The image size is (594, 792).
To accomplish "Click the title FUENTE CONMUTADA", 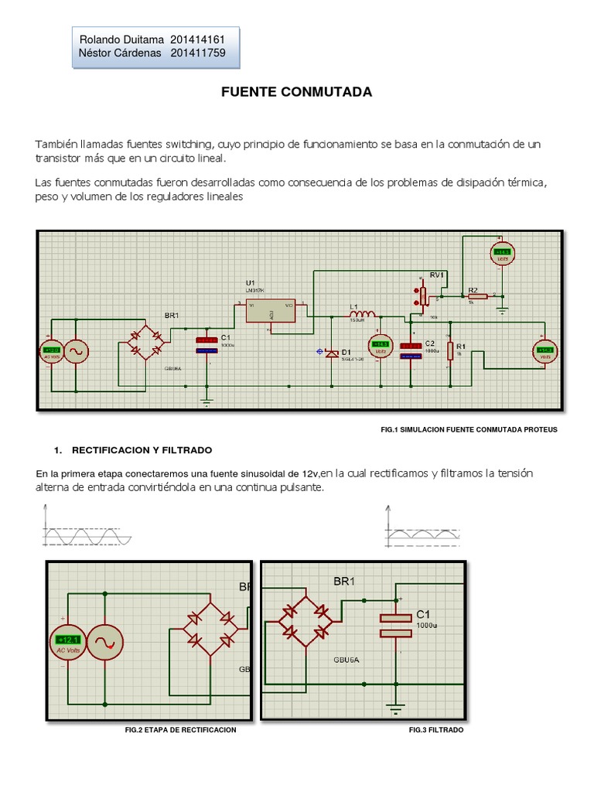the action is point(296,92).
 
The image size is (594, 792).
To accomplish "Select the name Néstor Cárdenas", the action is point(120,53).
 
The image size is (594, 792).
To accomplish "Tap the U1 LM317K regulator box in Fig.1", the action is point(270,310).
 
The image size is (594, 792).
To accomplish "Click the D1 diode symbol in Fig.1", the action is point(332,353).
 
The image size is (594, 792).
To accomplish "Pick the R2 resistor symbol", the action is point(477,295).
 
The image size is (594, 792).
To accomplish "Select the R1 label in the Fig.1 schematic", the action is point(461,346).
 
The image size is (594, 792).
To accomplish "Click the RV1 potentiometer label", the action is point(439,275).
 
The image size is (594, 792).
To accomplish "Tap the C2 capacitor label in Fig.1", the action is point(431,343).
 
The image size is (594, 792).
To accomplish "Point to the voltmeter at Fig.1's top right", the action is point(503,252).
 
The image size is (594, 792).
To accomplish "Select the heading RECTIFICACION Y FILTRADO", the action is point(142,449).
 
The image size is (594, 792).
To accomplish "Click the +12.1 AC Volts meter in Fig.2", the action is point(68,641).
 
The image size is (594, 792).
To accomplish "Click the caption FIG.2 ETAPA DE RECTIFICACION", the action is point(180,729).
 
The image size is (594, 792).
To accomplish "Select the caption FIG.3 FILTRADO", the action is point(436,729).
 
